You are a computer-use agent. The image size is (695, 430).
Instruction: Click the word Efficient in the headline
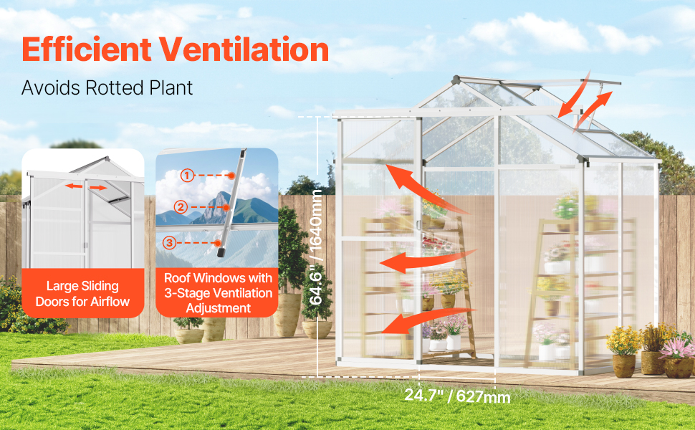tap(87, 49)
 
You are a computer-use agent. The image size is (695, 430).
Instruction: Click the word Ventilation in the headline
tap(244, 49)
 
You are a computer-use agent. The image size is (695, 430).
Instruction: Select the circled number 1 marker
tap(187, 176)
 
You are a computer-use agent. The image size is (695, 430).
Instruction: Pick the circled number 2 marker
tap(181, 207)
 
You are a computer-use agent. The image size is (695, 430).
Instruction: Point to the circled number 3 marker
tap(169, 243)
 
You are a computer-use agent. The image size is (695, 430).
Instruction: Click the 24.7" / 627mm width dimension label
tap(457, 396)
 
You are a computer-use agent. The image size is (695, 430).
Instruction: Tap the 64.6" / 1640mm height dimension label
tap(315, 247)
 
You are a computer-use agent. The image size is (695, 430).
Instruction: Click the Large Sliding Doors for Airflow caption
tap(83, 294)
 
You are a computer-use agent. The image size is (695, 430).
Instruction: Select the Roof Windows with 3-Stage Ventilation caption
tap(218, 293)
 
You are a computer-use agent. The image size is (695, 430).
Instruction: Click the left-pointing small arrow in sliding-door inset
tap(74, 186)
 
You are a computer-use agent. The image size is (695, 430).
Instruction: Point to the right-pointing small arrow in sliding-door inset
tap(98, 188)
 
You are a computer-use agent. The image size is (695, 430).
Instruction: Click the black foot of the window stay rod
tap(221, 253)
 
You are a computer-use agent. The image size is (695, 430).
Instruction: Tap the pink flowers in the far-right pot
tap(676, 348)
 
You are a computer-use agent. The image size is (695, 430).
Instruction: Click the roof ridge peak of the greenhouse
tap(456, 80)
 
